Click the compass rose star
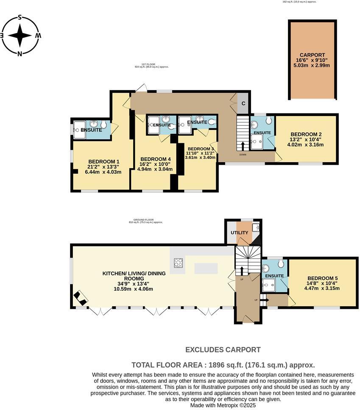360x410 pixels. point(20,36)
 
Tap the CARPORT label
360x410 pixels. point(312,55)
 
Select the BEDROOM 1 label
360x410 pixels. point(103,161)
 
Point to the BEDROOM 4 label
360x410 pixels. point(154,159)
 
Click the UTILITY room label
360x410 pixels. point(239,233)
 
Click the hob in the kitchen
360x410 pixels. point(179,263)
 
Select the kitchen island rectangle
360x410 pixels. point(206,268)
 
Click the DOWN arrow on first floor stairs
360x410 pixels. point(243,147)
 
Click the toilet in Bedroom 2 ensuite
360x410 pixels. point(268,121)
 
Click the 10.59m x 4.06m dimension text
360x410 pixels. point(133,289)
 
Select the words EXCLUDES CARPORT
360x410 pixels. point(223,350)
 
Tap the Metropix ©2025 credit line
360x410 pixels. point(223,405)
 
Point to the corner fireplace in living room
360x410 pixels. point(80,298)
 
